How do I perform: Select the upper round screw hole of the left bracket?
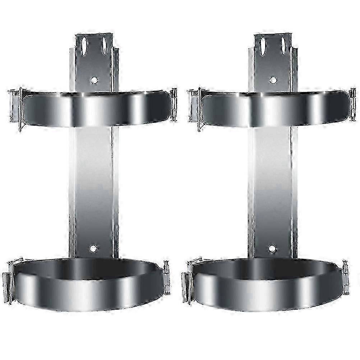pos(94,80)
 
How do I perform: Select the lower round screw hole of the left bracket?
pos(93,248)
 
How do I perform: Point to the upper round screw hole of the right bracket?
pos(273,80)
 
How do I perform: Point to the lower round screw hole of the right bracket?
pos(272,248)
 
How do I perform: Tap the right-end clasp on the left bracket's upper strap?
pos(174,104)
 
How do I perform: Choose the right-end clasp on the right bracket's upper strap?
pos(353,104)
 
